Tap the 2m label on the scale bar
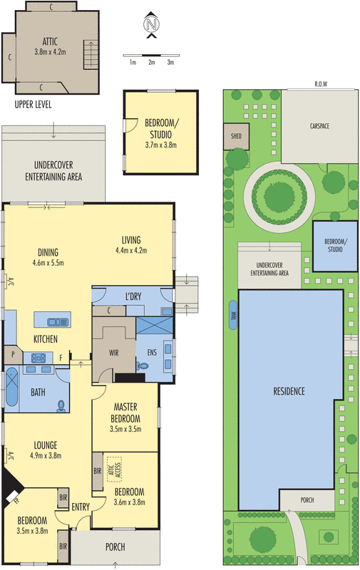pos(151,63)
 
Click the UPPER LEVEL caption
pos(33,104)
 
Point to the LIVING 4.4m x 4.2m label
pos(130,244)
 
